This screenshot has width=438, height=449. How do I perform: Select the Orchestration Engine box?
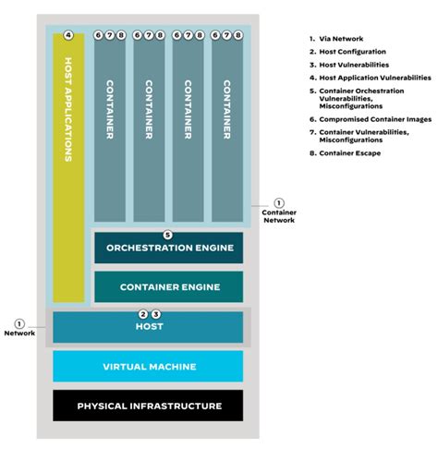click(168, 249)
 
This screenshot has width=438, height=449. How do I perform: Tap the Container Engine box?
click(168, 286)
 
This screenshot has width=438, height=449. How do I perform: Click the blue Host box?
click(149, 328)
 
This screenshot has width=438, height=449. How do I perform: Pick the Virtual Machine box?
click(149, 367)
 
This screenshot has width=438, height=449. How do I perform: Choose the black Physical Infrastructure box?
click(149, 406)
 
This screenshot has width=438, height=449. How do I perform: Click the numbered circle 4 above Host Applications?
click(68, 35)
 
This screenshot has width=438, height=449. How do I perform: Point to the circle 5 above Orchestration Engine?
click(167, 235)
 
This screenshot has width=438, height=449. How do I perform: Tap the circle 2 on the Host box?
click(143, 314)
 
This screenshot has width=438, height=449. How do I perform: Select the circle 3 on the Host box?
click(155, 314)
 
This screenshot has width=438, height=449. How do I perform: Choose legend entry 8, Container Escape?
click(347, 152)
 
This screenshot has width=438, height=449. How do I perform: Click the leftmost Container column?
click(110, 129)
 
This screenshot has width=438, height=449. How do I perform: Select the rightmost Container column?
click(227, 129)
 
